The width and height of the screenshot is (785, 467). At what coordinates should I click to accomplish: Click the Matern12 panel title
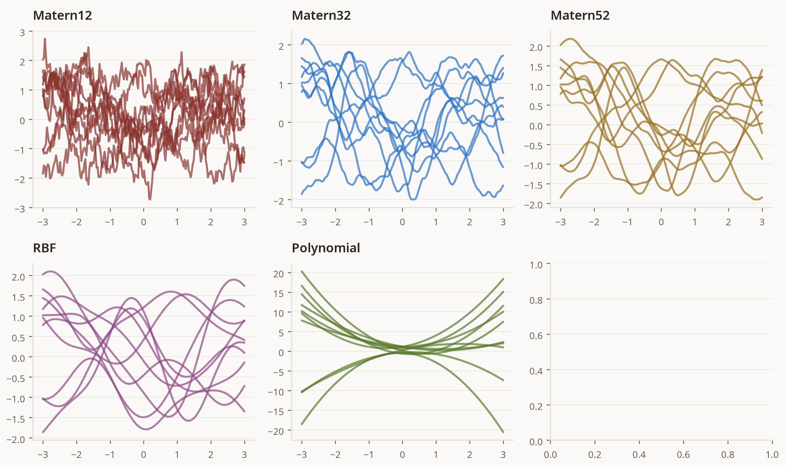[63, 16]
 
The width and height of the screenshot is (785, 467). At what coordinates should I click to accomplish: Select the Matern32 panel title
[321, 16]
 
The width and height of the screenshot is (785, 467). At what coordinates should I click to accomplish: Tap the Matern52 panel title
[580, 16]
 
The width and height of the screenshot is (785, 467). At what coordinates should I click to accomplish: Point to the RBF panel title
[45, 248]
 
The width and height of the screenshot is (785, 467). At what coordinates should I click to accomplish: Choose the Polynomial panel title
[326, 248]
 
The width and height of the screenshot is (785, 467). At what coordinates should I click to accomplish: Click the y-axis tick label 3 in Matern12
[22, 33]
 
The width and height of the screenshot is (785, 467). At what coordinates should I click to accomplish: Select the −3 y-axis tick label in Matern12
[20, 209]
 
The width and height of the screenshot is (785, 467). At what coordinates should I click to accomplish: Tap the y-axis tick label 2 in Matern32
[281, 47]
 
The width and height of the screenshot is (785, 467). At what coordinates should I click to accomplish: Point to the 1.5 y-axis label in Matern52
[536, 67]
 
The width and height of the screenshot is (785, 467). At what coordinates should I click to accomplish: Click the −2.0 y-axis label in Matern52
[533, 205]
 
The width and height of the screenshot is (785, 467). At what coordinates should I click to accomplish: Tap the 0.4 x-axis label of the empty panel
[639, 455]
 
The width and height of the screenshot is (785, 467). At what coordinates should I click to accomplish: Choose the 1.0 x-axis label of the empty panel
[772, 455]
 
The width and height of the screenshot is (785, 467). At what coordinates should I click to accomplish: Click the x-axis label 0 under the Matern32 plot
[402, 222]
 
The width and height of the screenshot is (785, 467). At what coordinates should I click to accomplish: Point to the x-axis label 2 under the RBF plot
[211, 455]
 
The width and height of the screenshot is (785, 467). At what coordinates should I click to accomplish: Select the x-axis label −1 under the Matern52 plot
[627, 222]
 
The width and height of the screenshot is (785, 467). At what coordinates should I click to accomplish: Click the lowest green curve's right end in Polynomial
[503, 432]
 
